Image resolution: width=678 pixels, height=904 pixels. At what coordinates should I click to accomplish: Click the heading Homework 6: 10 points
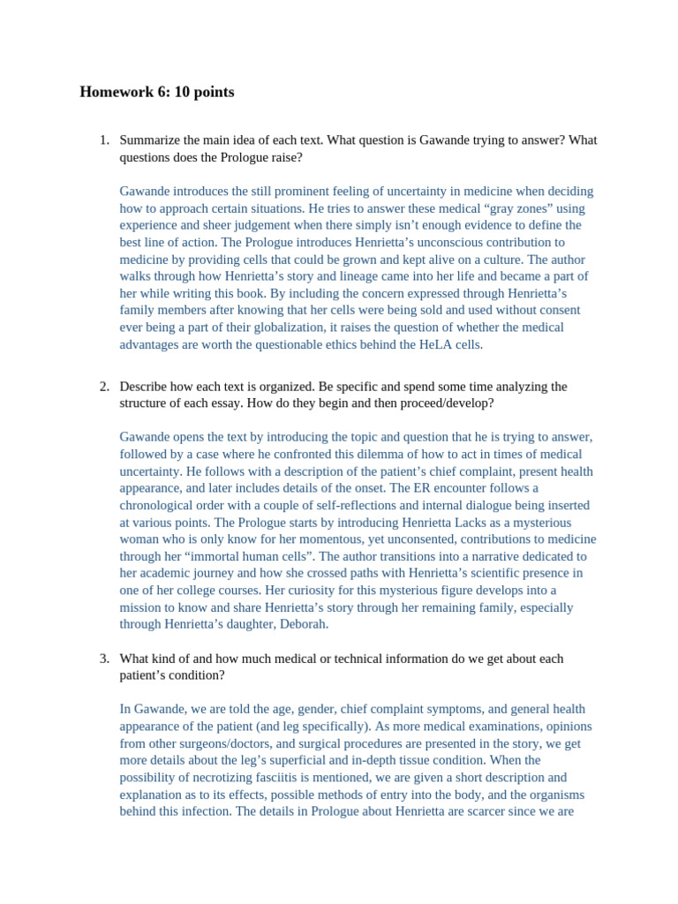[156, 93]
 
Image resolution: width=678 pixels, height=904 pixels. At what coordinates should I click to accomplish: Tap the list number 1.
[103, 140]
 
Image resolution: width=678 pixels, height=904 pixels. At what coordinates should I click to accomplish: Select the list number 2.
[103, 387]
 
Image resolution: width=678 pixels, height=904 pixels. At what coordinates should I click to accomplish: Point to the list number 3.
[103, 659]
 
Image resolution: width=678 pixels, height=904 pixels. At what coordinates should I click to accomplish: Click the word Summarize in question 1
[151, 140]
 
